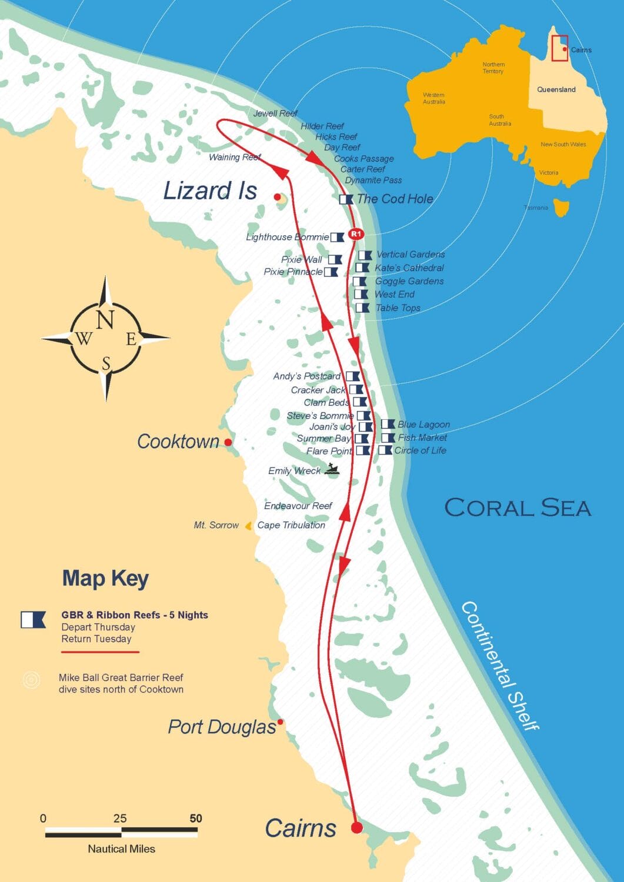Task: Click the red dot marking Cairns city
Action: coord(356,828)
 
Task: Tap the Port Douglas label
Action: coord(222,727)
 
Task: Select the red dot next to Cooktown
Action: coord(228,442)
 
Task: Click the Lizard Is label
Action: coord(209,191)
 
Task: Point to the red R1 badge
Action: coord(355,234)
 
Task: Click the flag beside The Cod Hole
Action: coord(346,199)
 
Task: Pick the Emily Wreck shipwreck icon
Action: coord(332,469)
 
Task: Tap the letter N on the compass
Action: coord(105,320)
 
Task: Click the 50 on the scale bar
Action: coord(196,818)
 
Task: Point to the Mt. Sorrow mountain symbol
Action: coord(249,526)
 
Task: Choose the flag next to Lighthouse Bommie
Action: coord(337,238)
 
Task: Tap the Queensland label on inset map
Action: coord(556,89)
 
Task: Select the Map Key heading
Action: coord(105,579)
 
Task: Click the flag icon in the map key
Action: coord(33,620)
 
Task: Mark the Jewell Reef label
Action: coord(275,113)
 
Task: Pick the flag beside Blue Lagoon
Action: coord(388,424)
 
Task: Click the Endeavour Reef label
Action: coord(298,506)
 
